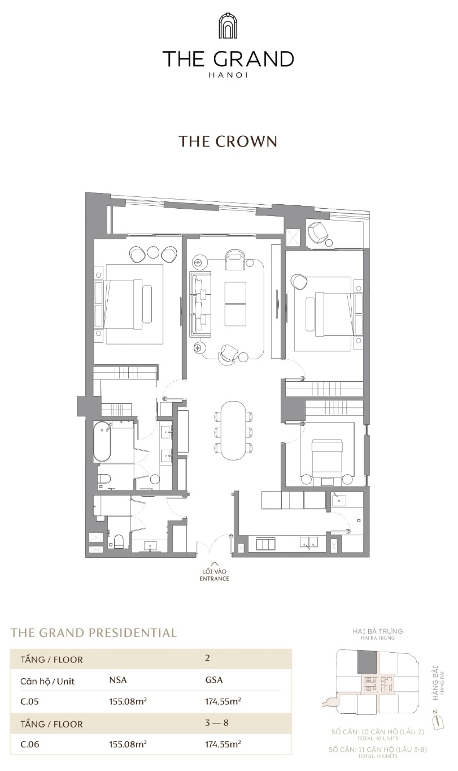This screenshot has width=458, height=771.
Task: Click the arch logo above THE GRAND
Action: coord(228,27)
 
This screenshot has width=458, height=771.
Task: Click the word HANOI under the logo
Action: coord(228,74)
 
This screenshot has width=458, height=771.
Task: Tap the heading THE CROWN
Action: coord(228,141)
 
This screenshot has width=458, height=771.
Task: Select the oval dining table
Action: coord(233,430)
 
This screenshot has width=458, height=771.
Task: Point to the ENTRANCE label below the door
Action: coord(215,579)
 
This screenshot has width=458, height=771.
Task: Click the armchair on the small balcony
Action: coord(317,231)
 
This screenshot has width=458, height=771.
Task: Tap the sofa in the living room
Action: coord(200,303)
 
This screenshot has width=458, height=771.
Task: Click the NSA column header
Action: coord(117,681)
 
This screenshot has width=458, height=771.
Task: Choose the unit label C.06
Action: coord(30,744)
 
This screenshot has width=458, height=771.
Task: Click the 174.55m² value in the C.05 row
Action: coord(223,701)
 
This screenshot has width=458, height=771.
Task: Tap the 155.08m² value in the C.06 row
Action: coord(128,744)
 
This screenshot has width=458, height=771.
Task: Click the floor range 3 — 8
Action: coord(217,723)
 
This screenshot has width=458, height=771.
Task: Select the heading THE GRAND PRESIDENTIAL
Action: coord(94,632)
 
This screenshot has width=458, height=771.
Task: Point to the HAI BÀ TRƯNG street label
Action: coord(377,631)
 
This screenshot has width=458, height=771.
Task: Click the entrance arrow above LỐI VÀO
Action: coord(215,563)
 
